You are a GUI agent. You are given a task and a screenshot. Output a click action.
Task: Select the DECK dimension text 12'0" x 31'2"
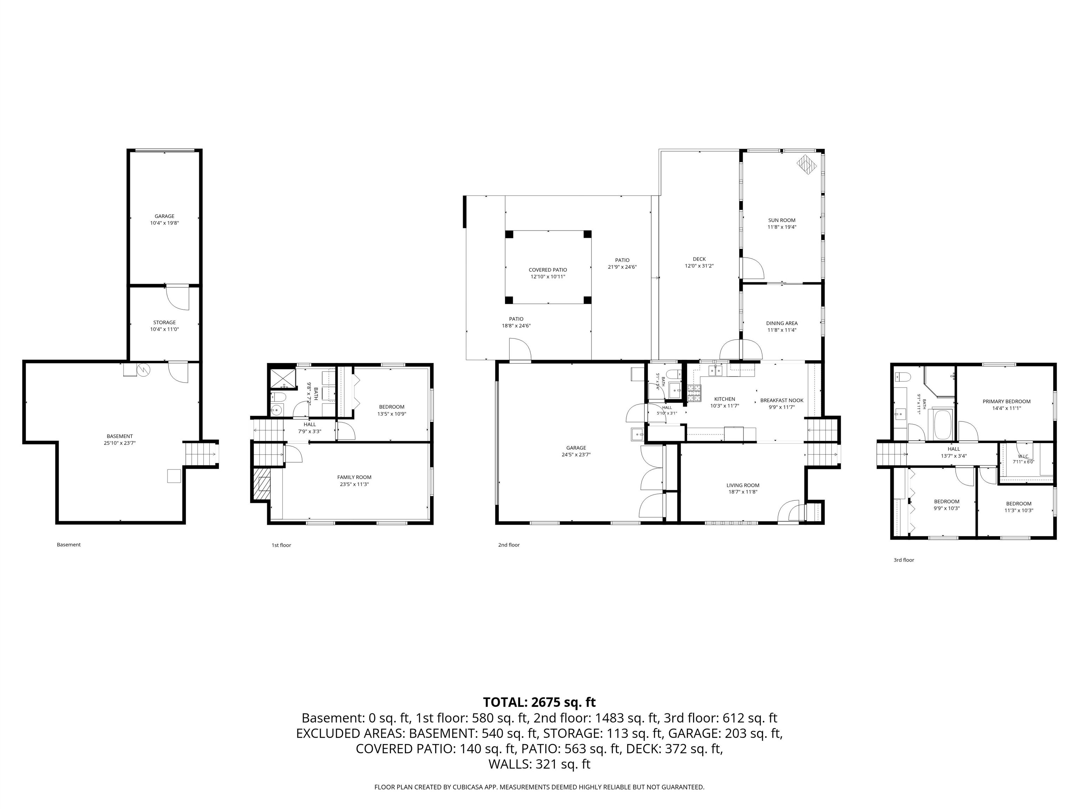(x=699, y=266)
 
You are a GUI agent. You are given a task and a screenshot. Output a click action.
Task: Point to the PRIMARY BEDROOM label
(x=1006, y=402)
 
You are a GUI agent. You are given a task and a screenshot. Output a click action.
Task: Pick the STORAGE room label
(x=164, y=323)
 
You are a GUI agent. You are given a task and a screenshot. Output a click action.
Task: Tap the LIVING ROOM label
(x=743, y=485)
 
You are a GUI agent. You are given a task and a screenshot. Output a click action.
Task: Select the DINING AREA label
(x=782, y=323)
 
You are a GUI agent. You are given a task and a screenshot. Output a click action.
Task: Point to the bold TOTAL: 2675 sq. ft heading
(x=539, y=702)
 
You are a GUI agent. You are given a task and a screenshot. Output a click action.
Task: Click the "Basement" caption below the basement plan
(x=69, y=545)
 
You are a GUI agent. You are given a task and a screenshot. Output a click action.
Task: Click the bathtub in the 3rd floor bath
(x=942, y=424)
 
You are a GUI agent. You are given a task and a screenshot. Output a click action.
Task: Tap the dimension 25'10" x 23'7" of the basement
(x=119, y=443)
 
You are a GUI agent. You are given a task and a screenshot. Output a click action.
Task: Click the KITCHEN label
(x=724, y=399)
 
